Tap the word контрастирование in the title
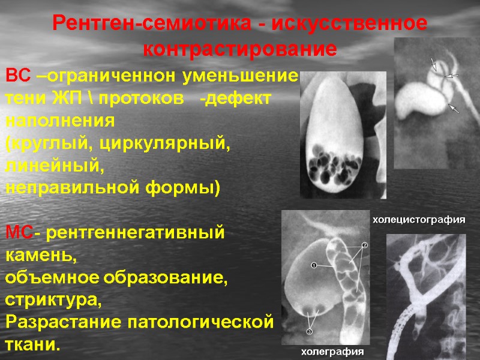(x=240, y=49)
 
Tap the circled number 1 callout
(x=313, y=265)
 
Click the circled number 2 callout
(x=364, y=245)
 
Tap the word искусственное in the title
(x=349, y=25)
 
